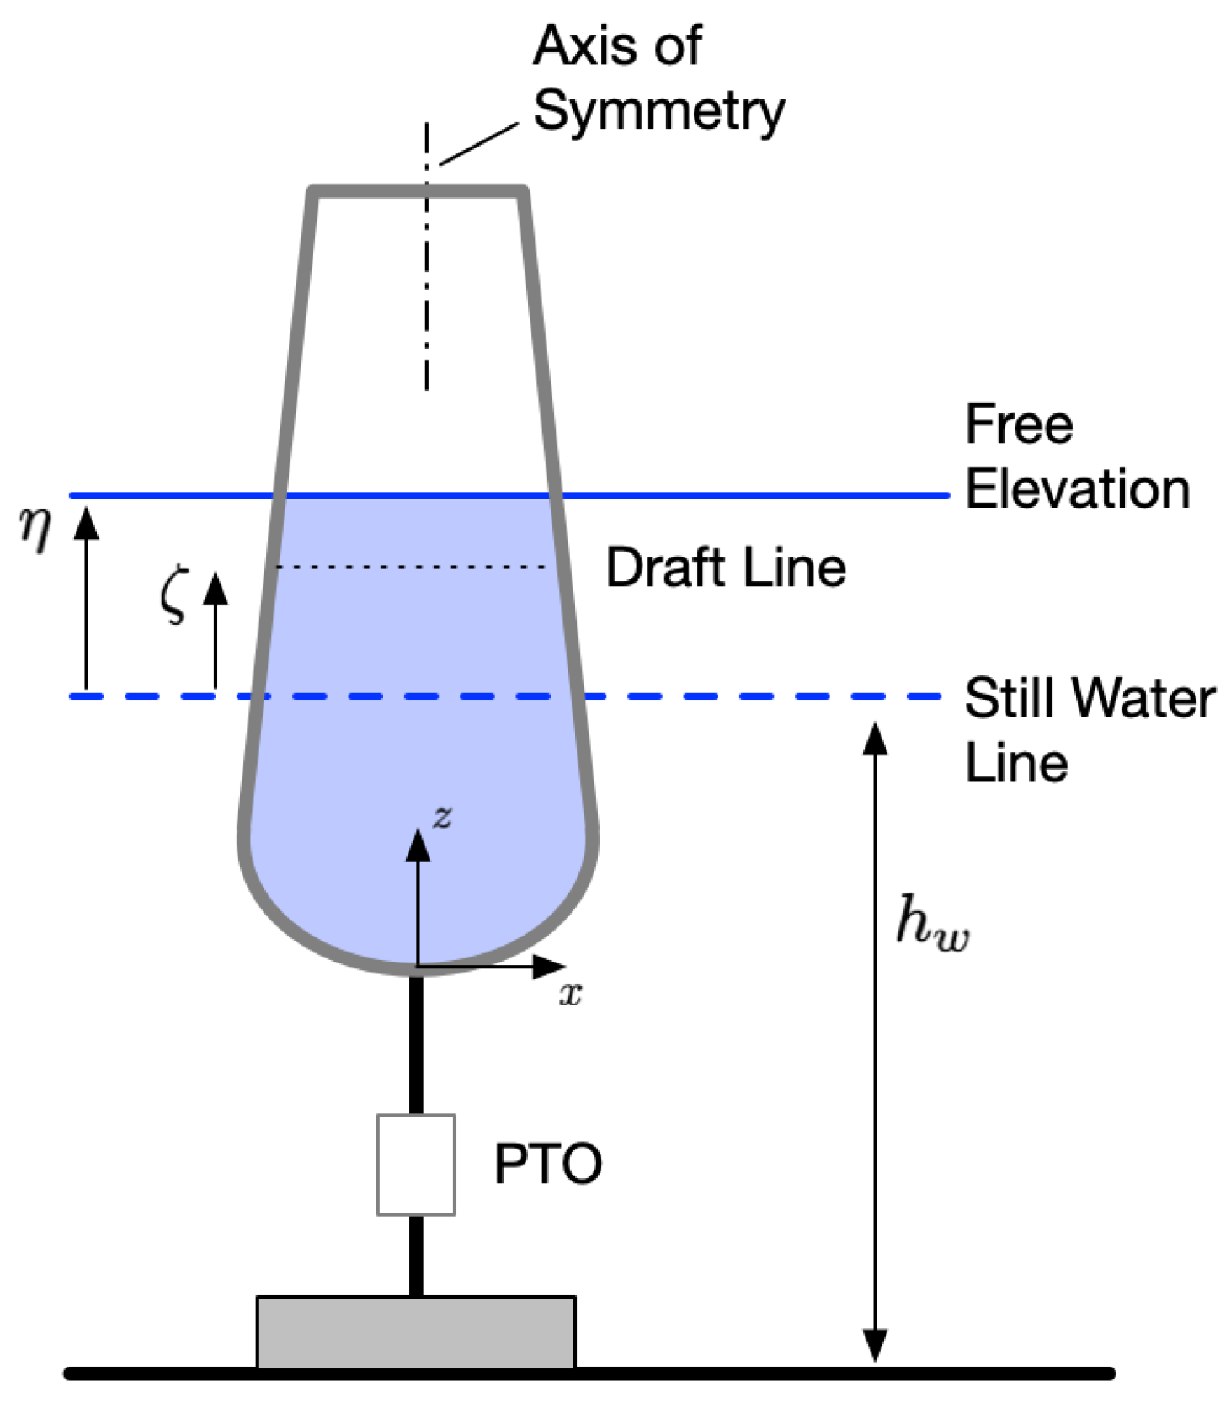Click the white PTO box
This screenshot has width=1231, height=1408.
pyautogui.click(x=416, y=1165)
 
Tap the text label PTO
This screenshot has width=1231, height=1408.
pyautogui.click(x=547, y=1164)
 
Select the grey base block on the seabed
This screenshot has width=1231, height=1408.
pyautogui.click(x=416, y=1332)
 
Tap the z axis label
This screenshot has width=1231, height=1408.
pyautogui.click(x=442, y=815)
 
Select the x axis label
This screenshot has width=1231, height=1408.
pyautogui.click(x=570, y=995)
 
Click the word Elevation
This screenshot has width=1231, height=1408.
pyautogui.click(x=1077, y=489)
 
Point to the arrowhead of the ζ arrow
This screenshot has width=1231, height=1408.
pyautogui.click(x=216, y=586)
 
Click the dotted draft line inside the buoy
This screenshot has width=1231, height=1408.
pyautogui.click(x=413, y=568)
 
